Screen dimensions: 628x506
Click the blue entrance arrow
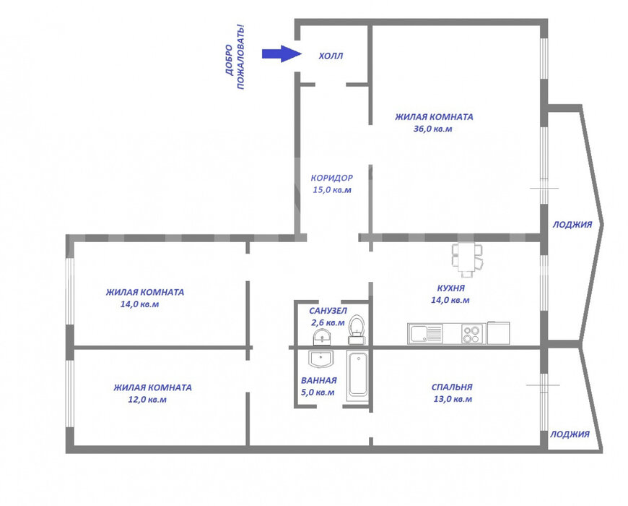tap(282, 53)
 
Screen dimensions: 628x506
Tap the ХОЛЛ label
tap(331, 56)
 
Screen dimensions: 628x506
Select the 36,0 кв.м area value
tap(432, 129)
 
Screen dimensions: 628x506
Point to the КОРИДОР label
tap(332, 178)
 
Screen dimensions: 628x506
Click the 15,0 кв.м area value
tap(332, 189)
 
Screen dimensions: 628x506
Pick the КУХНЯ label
tap(451, 288)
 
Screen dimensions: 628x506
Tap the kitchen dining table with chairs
tap(467, 260)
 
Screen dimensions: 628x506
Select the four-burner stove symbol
tap(471, 334)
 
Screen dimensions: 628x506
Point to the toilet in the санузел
tap(356, 330)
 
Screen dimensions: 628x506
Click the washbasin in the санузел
tap(322, 337)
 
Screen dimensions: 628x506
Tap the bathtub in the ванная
tap(357, 374)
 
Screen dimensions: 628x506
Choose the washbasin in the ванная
tap(320, 359)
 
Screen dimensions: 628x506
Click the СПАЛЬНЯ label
tap(452, 387)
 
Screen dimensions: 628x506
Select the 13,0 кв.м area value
tap(453, 399)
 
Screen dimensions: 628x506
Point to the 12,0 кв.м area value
tap(147, 399)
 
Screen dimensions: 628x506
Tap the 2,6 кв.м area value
tap(328, 322)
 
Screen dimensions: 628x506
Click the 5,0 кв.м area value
tap(318, 392)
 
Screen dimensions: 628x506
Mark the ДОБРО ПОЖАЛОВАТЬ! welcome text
tap(235, 56)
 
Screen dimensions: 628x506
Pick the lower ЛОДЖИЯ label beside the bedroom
tap(570, 434)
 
